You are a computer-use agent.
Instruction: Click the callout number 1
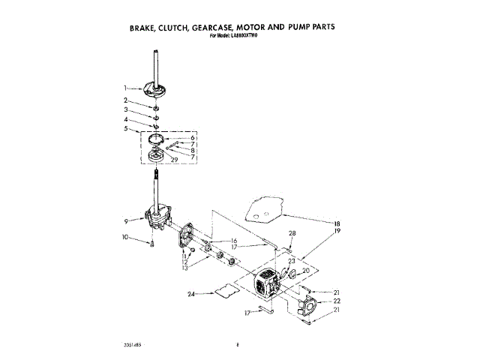[x=126, y=88]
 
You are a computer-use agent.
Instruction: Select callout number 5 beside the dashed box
[x=126, y=128]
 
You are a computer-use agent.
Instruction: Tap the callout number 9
[x=126, y=220]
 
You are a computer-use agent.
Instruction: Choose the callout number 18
[x=337, y=223]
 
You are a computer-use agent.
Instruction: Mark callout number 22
[x=337, y=301]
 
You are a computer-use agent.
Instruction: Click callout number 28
[x=292, y=233]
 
